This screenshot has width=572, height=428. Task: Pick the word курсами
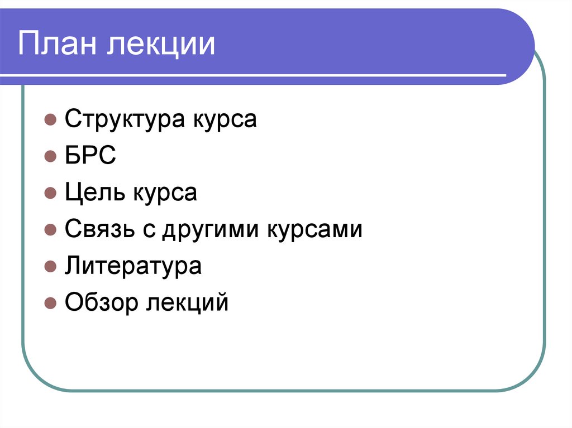tap(316, 229)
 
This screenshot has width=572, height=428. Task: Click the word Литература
tap(133, 266)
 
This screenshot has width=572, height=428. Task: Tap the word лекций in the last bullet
tap(188, 303)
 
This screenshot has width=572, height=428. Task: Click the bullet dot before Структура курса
tap(50, 121)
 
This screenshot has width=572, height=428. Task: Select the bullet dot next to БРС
tap(50, 157)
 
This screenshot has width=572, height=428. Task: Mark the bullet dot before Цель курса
tap(50, 194)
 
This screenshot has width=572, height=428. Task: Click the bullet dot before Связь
tap(50, 230)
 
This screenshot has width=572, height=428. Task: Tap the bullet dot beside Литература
tap(50, 267)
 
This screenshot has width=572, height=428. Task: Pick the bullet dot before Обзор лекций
tap(50, 304)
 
